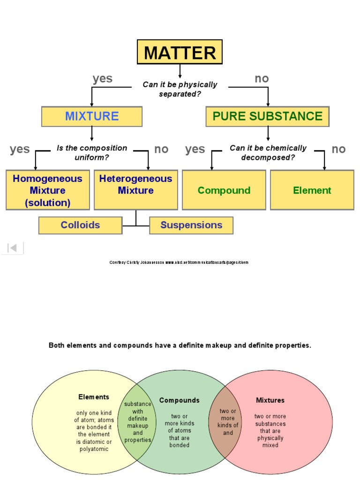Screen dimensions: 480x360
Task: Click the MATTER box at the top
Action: (x=180, y=52)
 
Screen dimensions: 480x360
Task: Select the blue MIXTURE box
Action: (x=92, y=116)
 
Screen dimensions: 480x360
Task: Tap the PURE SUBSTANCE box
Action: (x=268, y=116)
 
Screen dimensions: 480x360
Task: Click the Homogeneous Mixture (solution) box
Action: (x=47, y=190)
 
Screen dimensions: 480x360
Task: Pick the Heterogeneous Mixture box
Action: (x=136, y=185)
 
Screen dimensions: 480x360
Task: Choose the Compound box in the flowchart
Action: (x=224, y=190)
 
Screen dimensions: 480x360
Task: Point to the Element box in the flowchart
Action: (x=312, y=190)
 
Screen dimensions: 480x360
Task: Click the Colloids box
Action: (x=80, y=225)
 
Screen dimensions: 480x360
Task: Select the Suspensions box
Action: (x=191, y=225)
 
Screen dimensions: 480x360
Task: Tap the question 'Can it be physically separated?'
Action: (x=180, y=89)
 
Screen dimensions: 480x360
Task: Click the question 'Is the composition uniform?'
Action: (x=92, y=152)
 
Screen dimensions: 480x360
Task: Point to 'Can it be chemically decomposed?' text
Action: (x=268, y=152)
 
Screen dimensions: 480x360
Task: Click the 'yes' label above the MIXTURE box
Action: (x=102, y=79)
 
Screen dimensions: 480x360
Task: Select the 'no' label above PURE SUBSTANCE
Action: (x=262, y=79)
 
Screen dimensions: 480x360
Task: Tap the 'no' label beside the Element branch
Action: (x=338, y=149)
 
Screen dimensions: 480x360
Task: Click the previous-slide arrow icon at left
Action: (x=13, y=248)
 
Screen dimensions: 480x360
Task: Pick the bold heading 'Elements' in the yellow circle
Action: (x=94, y=397)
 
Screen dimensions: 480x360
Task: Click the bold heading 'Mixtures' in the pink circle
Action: (x=270, y=400)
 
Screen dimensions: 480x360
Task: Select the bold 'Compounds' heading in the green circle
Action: (x=179, y=400)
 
